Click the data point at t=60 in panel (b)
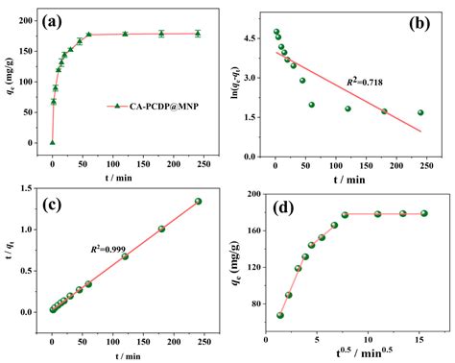click(x=311, y=105)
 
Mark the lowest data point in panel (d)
click(x=280, y=314)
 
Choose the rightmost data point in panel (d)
click(x=424, y=213)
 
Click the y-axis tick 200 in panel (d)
click(x=257, y=194)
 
